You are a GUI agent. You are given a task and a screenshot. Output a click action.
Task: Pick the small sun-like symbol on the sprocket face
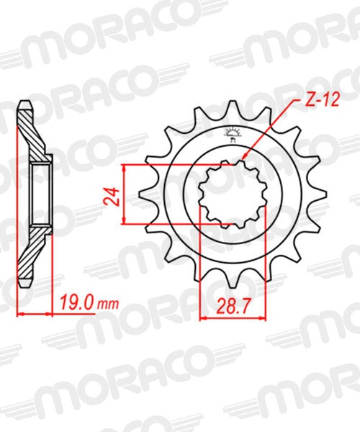pyautogui.click(x=233, y=132)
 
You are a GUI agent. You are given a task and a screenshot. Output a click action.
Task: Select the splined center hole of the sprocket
pyautogui.click(x=233, y=194)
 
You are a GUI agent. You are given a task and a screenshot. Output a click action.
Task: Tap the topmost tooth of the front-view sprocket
pyautogui.click(x=233, y=107)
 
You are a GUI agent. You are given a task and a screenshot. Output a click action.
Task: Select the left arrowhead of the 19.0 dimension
pyautogui.click(x=19, y=314)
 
